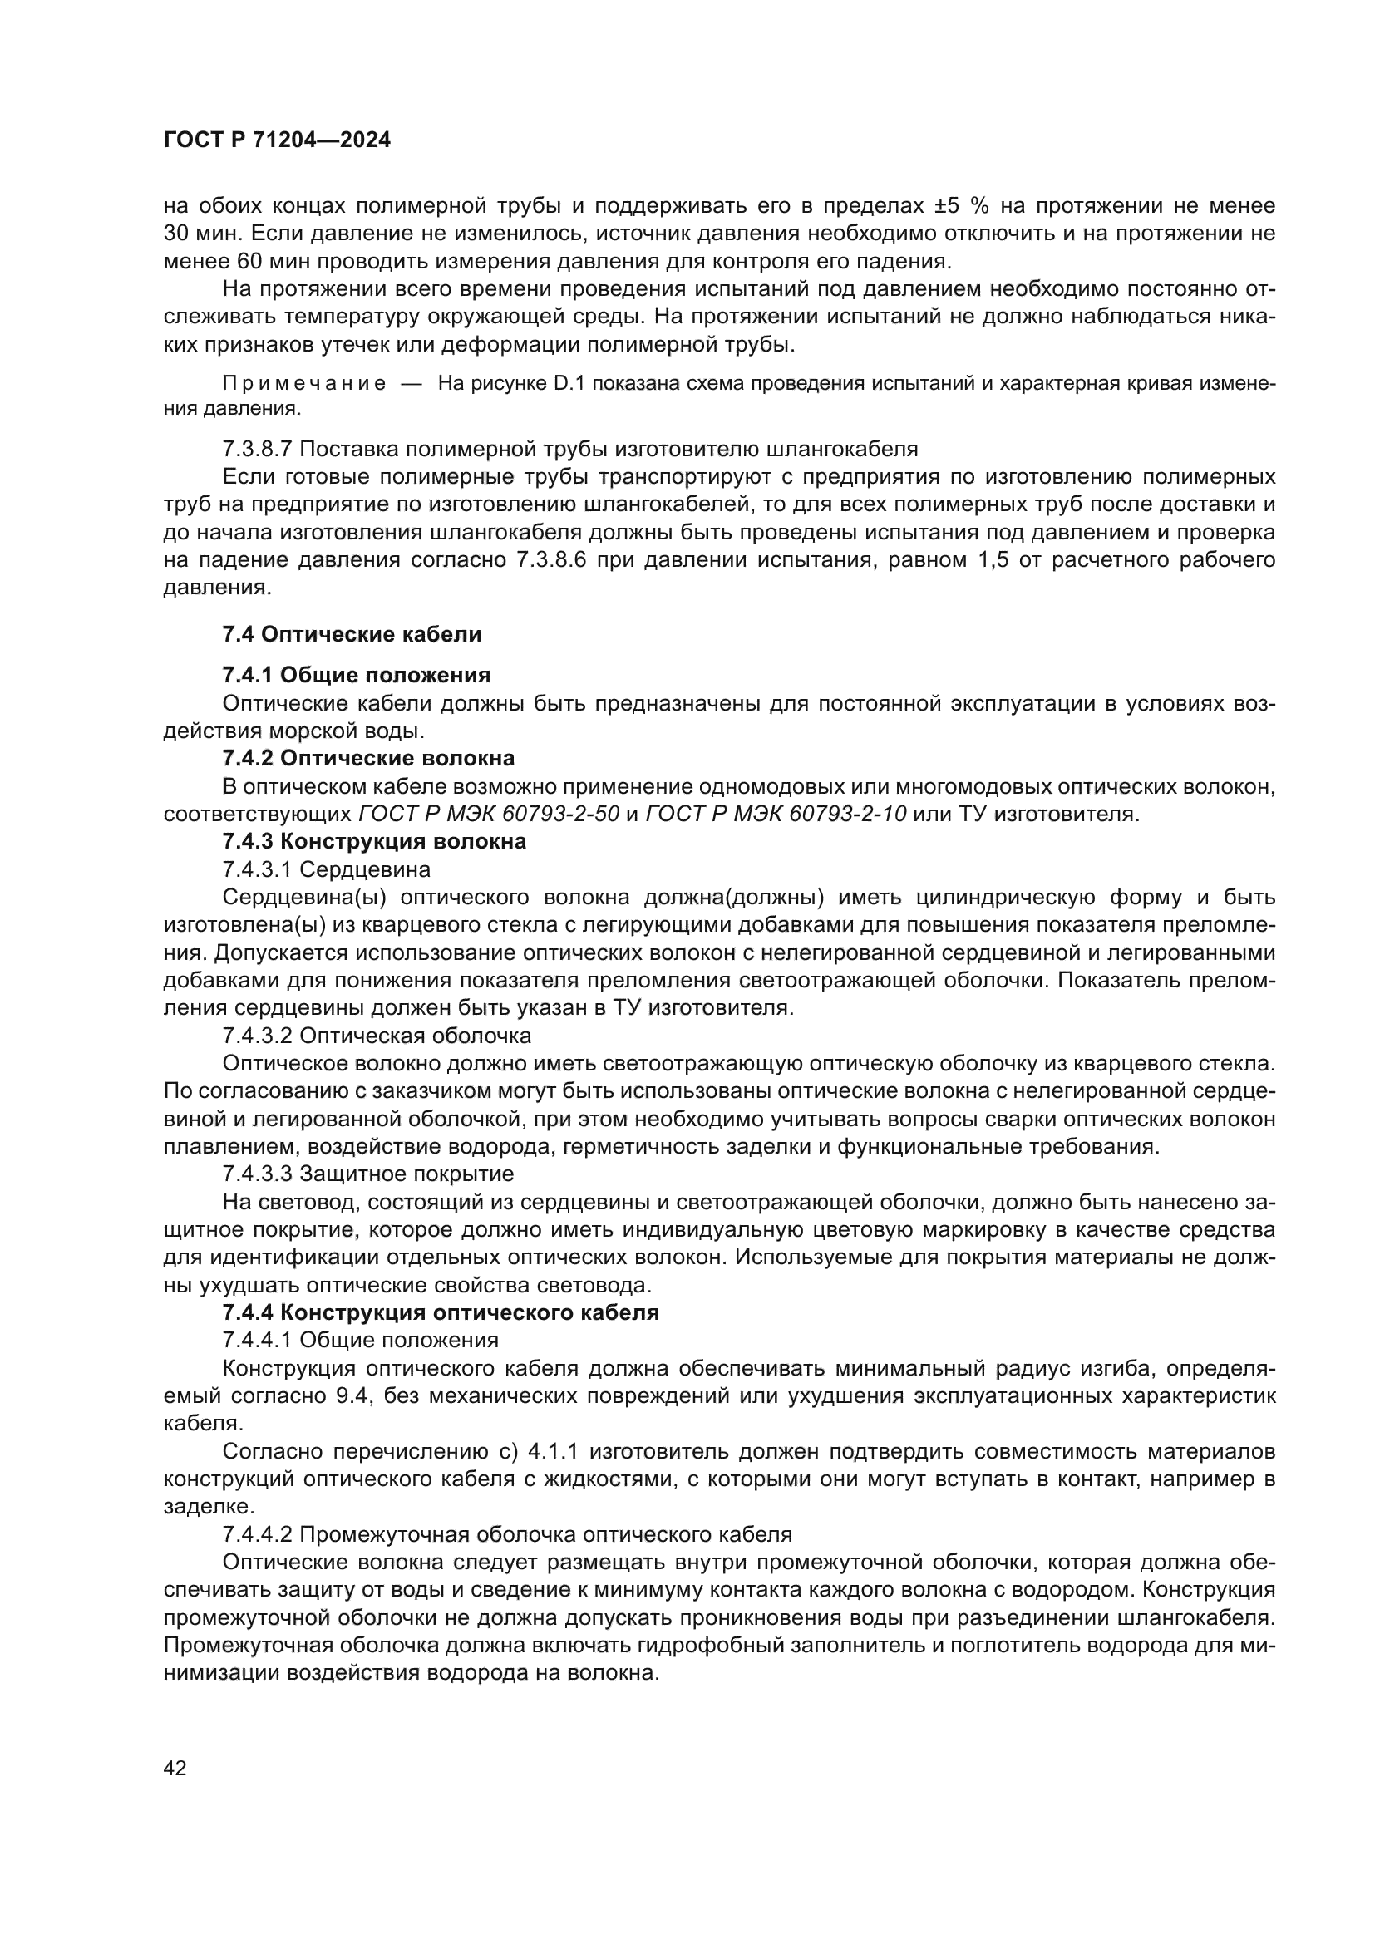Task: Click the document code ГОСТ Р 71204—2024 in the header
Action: coord(277,140)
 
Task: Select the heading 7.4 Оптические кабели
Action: coord(352,634)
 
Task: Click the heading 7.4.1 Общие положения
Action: coord(357,675)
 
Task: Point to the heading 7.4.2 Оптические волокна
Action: coord(368,758)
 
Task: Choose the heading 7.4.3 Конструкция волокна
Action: coord(374,841)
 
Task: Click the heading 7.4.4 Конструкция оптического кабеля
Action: coord(441,1312)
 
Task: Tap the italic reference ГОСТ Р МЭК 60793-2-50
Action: coord(490,814)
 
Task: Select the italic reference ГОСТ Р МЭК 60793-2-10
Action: coord(776,814)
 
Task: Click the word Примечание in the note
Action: coord(305,383)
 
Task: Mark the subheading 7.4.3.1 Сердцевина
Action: coord(326,869)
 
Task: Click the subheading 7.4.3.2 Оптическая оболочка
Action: coord(377,1036)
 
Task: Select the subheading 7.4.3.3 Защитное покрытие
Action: coord(367,1174)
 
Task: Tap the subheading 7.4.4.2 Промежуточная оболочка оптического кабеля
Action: coord(506,1534)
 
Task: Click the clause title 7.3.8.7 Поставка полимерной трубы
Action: coord(569,448)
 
